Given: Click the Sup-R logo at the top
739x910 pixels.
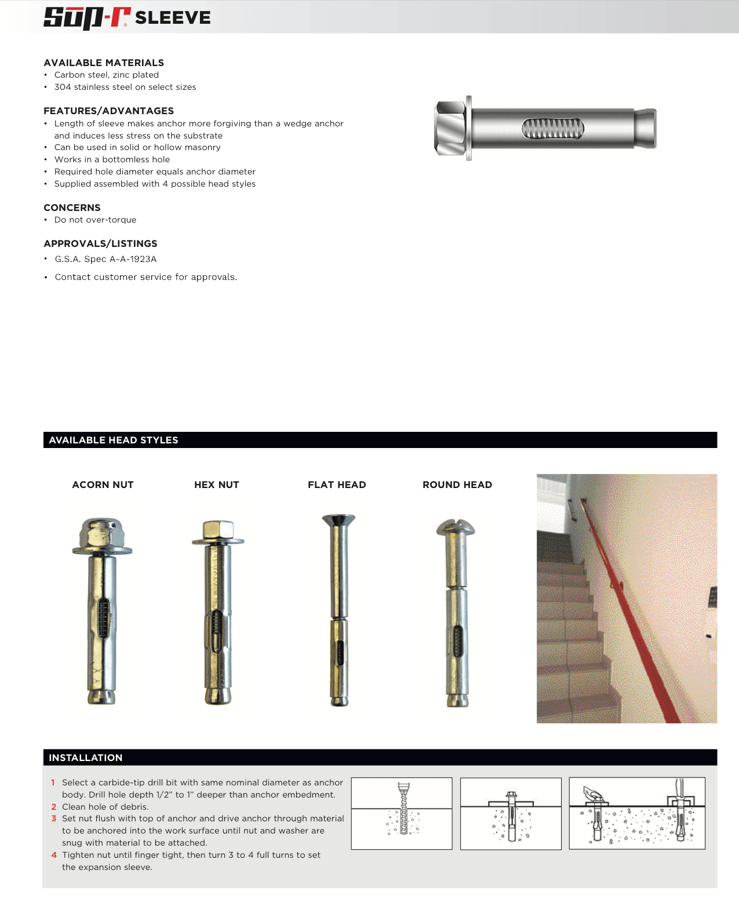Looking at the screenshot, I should coord(87,17).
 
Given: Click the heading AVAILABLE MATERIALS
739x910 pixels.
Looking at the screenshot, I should coord(104,63).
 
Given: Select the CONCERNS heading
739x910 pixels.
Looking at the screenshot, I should coord(72,208).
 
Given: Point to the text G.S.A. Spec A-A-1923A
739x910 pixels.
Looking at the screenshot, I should coord(105,259).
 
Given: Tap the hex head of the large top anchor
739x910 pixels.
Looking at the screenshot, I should coord(450,128).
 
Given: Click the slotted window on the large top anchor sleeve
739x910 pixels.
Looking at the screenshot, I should coord(552,129).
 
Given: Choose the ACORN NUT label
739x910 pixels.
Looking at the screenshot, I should coord(103,485).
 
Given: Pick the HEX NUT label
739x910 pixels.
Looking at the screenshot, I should coord(216,485).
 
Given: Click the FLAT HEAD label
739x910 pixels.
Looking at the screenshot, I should coord(337,485).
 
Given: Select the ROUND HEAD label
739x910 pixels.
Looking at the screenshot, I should coord(457,485).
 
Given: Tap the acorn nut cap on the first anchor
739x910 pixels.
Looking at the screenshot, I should coord(103,532).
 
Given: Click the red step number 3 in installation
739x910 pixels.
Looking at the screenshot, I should coord(54,818).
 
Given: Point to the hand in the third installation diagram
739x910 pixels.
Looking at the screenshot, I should coord(592,792).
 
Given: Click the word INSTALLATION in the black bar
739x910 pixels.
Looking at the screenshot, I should coord(86,758).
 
